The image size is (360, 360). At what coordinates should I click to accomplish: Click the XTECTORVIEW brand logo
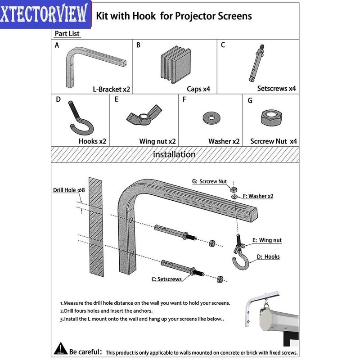point(45,14)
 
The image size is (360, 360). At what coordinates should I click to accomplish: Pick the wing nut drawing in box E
point(144,117)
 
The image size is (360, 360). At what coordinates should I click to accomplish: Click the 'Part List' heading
point(67,34)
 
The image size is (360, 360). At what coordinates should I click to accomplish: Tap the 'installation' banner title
point(174,154)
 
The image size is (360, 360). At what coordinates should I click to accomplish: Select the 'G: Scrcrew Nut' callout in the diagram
point(209,181)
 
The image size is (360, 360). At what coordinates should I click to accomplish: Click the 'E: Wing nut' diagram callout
point(267,240)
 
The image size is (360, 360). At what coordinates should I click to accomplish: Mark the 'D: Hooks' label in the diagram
point(268,257)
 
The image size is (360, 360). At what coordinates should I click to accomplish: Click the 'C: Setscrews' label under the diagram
point(166,279)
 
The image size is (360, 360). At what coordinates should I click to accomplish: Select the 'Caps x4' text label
point(198,89)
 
